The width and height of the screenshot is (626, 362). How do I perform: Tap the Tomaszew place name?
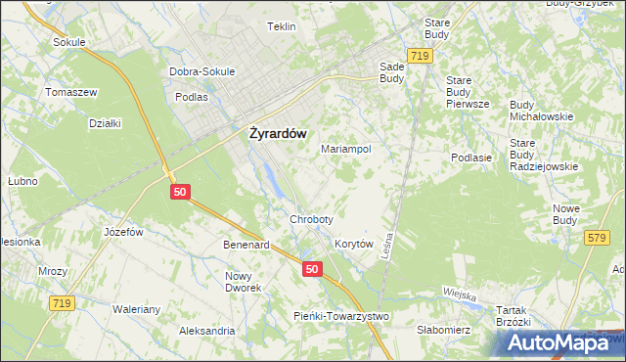pos(70,92)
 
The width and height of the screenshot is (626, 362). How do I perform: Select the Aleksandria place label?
pos(206,332)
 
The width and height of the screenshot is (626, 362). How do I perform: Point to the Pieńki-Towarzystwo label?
pos(341,316)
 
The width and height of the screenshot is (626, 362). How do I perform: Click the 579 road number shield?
pos(596,238)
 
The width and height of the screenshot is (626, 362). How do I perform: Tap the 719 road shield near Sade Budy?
pos(421,58)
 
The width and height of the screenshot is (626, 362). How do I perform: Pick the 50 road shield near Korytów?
pos(312,269)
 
